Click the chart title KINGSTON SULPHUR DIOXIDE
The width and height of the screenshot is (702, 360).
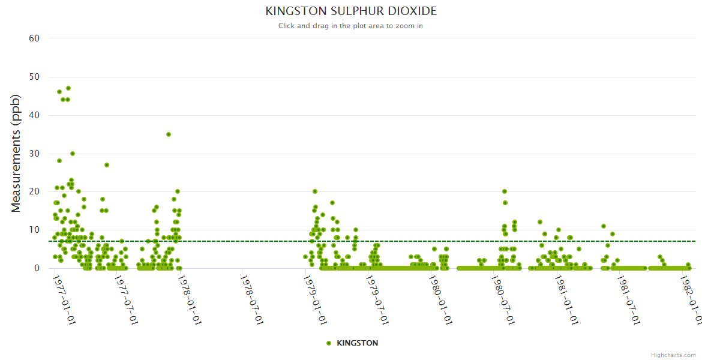(351, 11)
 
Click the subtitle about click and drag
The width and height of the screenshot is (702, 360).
(351, 26)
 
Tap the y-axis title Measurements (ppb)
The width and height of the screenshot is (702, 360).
(16, 153)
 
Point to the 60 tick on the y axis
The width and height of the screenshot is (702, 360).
(34, 38)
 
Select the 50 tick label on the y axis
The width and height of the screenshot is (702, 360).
(34, 77)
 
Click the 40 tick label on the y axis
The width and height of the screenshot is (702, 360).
(34, 115)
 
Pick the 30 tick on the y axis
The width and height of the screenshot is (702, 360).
(34, 154)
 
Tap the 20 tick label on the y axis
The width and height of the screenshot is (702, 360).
(34, 191)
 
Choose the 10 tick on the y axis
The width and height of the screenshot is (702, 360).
(34, 230)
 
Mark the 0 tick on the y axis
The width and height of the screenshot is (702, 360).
(37, 268)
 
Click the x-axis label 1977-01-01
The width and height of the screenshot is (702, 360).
(62, 299)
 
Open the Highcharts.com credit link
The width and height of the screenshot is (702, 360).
(674, 355)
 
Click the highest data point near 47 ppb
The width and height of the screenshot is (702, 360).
(68, 88)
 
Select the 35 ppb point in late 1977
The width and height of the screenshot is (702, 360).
(169, 134)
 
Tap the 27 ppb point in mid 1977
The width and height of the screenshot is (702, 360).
(107, 165)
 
